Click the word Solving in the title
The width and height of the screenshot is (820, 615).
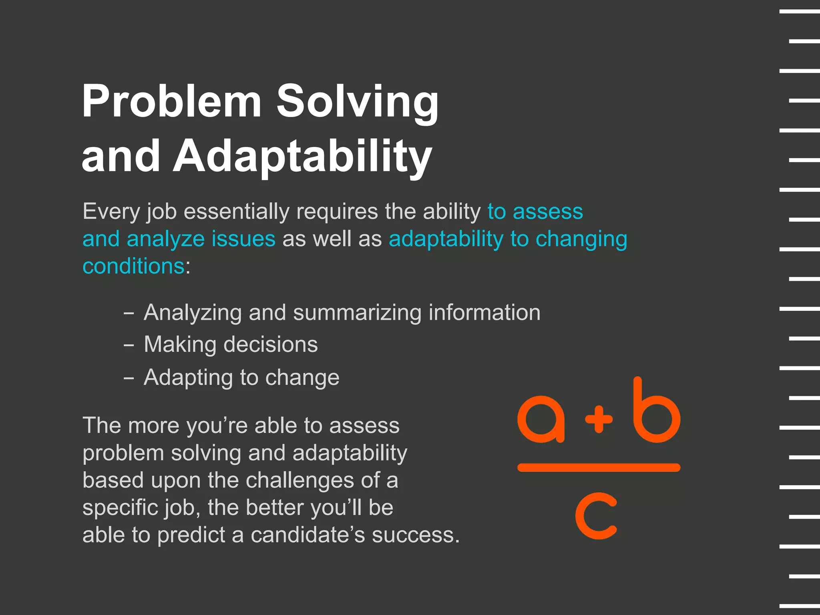coord(358,102)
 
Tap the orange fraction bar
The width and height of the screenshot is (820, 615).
coord(599,468)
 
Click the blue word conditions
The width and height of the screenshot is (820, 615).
coord(133,266)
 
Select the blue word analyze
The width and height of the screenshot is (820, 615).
coord(165,239)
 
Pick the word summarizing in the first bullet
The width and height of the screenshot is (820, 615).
coord(357,313)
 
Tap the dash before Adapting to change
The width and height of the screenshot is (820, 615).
coord(129,378)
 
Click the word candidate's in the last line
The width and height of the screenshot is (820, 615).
coord(307,535)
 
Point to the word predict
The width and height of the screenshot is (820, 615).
coord(191,535)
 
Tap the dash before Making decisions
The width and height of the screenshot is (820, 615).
coord(129,345)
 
